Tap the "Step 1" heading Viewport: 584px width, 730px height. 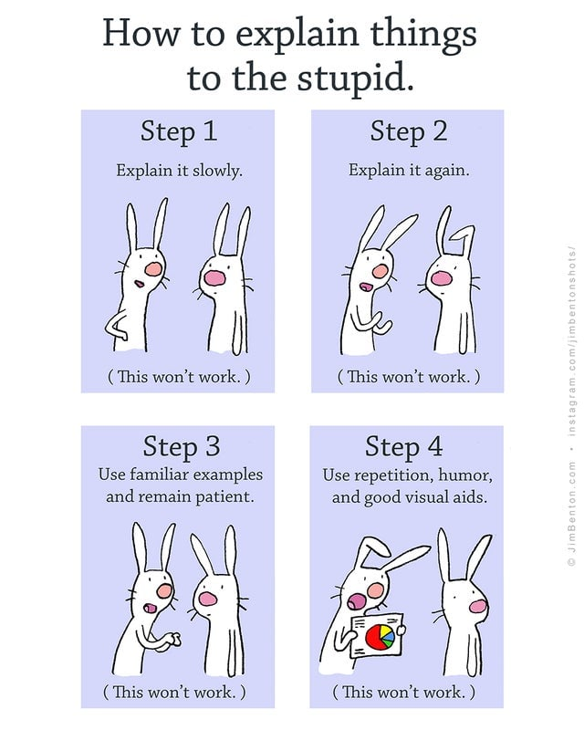179,131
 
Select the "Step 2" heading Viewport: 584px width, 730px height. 409,131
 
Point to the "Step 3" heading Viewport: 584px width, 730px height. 182,447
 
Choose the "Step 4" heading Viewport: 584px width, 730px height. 403,447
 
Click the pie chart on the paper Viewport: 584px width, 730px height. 381,637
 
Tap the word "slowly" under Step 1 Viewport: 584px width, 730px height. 217,171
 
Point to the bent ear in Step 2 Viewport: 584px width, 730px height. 463,239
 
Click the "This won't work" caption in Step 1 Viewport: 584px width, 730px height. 179,376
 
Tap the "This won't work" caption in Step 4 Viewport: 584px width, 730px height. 403,693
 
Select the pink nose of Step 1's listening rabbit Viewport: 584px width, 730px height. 214,278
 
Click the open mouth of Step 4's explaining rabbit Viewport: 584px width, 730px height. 356,601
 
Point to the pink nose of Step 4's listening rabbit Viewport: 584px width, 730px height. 478,606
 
